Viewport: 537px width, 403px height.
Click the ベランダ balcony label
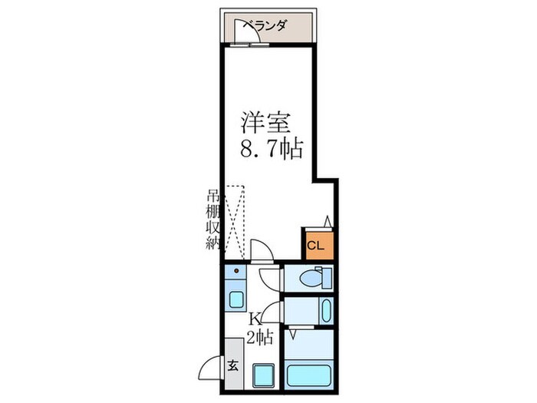tap(265, 26)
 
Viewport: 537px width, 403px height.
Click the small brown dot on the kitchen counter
tap(237, 271)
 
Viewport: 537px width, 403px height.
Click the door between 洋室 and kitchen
tap(261, 251)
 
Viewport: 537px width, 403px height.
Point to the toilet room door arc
tap(270, 279)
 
